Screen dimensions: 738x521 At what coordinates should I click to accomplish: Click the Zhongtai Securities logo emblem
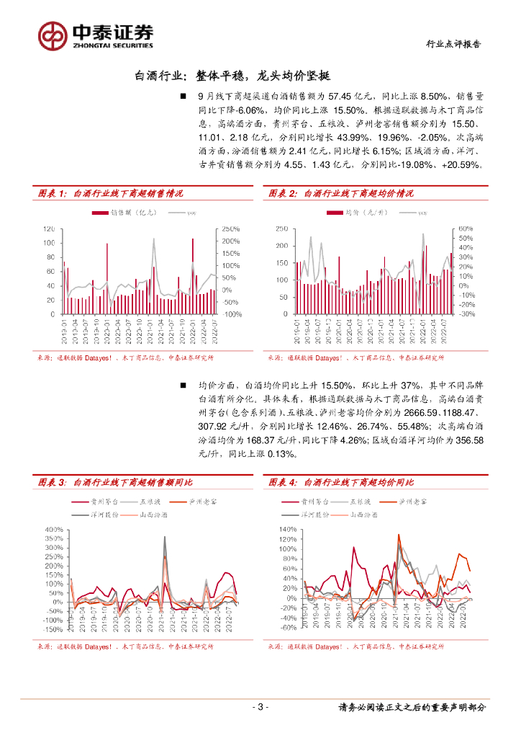tap(52, 35)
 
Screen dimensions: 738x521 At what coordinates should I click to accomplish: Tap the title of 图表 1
tap(110, 193)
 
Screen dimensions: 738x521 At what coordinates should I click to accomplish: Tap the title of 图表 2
tap(341, 193)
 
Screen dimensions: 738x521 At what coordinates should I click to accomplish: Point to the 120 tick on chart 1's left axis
tap(49, 228)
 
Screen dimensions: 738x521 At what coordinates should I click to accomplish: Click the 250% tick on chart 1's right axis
tap(232, 228)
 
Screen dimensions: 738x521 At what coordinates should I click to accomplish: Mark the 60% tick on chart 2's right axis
tap(465, 228)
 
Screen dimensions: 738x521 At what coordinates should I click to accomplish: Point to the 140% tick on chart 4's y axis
tap(287, 530)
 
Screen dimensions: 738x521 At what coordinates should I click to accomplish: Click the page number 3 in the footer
tap(261, 707)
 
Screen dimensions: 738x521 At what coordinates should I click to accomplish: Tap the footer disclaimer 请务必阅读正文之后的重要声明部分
tap(412, 707)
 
